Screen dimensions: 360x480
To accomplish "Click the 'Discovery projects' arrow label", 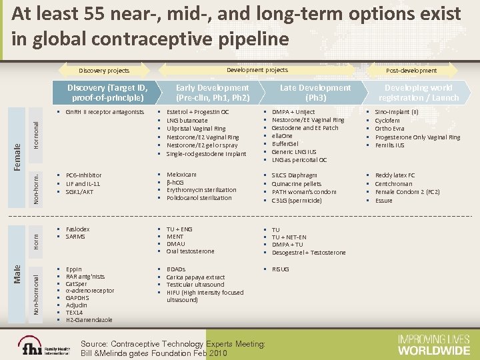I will click(105, 70).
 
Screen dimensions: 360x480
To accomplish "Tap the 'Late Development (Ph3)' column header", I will click(315, 93).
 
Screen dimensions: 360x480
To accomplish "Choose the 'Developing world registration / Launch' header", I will click(417, 93).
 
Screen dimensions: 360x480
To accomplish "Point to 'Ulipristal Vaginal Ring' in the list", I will click(195, 128).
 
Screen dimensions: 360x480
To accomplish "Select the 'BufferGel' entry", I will click(288, 143).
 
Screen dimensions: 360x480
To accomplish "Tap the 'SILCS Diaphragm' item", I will click(295, 175).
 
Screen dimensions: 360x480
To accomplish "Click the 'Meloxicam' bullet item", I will click(181, 175).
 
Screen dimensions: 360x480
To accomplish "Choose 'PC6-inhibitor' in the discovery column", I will click(84, 175).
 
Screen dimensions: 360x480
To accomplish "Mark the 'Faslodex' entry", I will click(78, 229).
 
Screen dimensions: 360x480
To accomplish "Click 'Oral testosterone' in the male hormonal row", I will click(190, 251).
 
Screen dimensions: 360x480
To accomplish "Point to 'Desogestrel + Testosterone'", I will click(309, 253).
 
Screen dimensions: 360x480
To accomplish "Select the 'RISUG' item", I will click(281, 269).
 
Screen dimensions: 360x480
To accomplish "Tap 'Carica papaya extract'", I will click(195, 277).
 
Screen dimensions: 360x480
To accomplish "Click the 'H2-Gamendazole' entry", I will click(89, 320).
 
